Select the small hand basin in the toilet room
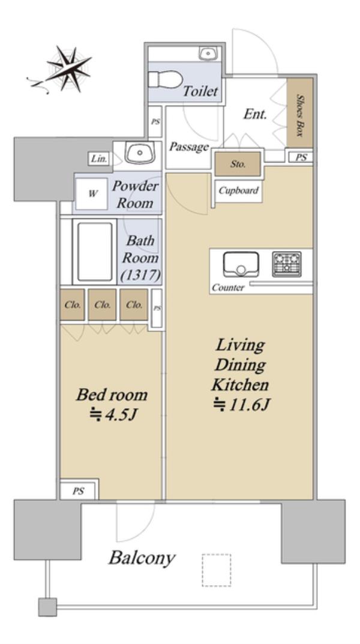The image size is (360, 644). [208, 53]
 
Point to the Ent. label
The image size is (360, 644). [256, 114]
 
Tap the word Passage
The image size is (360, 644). [189, 146]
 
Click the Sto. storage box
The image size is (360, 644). [238, 164]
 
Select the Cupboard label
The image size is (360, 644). [238, 190]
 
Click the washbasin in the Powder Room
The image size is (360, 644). [140, 153]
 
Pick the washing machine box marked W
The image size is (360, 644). [93, 193]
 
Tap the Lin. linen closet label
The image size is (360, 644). [99, 158]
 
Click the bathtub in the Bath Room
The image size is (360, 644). [95, 251]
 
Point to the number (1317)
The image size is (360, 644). [140, 275]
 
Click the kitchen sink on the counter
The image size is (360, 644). [241, 264]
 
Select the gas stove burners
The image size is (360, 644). [287, 263]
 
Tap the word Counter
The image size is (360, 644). [228, 288]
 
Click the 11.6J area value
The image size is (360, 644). [241, 405]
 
